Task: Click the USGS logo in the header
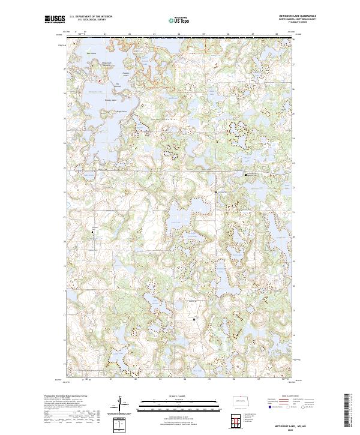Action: (55, 19)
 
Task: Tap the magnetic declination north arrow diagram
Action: (120, 406)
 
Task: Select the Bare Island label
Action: (92, 53)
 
